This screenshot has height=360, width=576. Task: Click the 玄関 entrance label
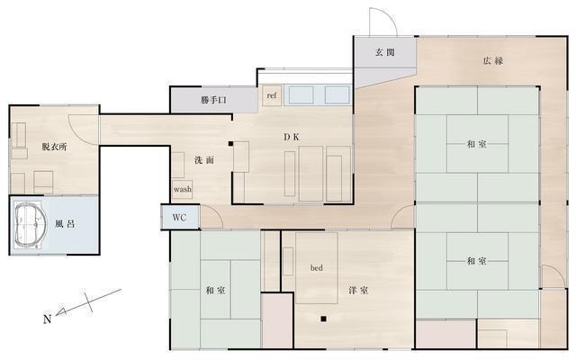point(385,52)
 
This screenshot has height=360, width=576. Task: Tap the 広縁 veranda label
point(492,61)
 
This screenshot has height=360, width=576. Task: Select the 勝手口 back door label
point(213,100)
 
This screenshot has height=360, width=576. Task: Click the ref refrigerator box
point(271,94)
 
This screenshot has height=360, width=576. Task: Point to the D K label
point(292,137)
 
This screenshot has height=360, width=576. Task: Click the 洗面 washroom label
point(204,160)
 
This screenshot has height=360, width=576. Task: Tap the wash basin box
point(183,190)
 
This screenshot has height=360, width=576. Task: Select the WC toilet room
point(179,217)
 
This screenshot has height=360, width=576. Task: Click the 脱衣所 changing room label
point(54,146)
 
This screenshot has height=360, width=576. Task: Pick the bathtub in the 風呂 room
point(31,224)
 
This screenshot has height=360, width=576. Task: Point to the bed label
point(317,267)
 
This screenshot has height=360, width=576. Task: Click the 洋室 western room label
point(358,290)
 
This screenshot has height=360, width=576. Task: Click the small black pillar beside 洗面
point(231,143)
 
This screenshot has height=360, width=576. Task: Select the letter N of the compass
point(48,319)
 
